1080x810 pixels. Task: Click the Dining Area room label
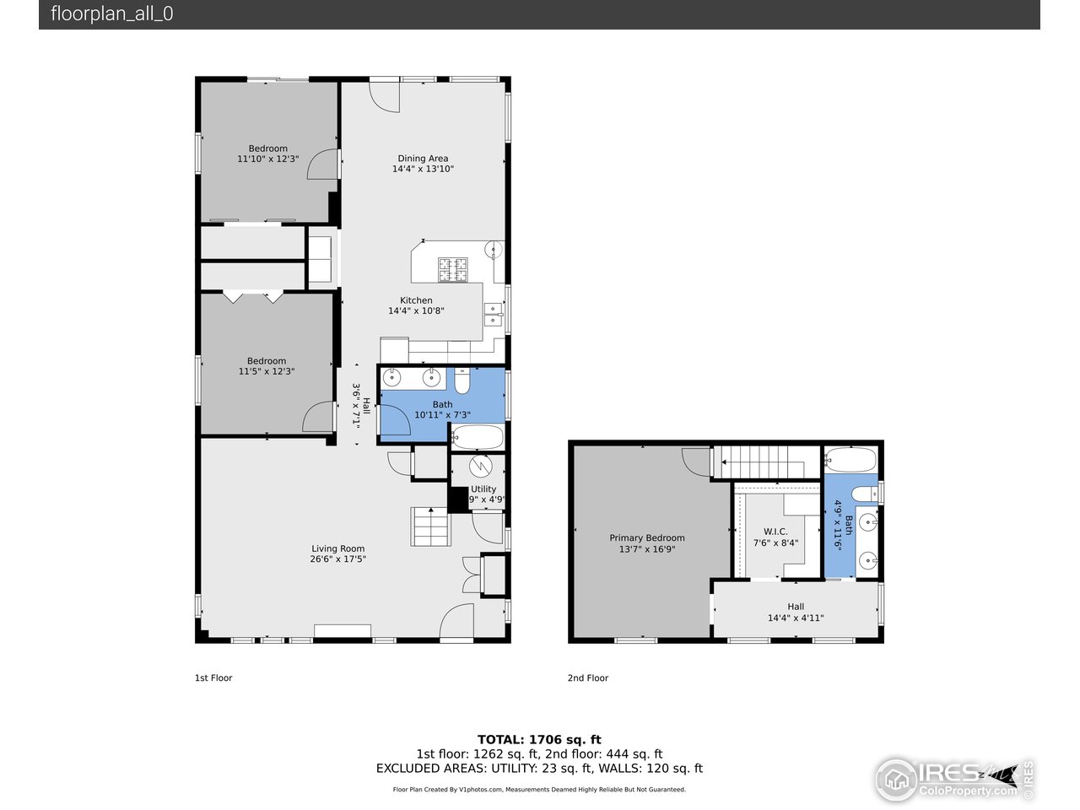coord(423,159)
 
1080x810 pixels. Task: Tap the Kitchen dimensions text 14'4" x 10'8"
coord(416,311)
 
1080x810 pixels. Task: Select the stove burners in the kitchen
coord(452,269)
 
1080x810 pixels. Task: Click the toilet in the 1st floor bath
coord(462,381)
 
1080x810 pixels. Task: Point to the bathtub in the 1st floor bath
coord(478,437)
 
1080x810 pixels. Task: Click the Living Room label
coord(337,548)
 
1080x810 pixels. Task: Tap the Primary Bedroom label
coord(647,538)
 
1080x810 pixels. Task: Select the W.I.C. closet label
coord(775,532)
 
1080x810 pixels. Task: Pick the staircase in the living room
coord(431,527)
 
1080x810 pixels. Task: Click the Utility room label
coord(483,489)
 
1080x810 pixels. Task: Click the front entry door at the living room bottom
coord(457,622)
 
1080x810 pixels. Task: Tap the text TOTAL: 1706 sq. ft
coord(539,740)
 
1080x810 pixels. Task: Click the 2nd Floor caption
coord(587,678)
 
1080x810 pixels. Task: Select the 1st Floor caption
coord(213,678)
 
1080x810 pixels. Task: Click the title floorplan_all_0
coord(112,13)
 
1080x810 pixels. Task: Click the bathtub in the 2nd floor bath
coord(850,460)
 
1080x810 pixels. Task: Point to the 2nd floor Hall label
coord(796,607)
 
